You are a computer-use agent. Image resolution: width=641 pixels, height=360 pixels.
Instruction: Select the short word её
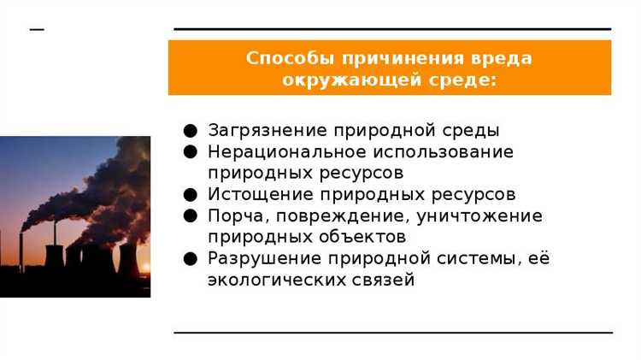(538, 258)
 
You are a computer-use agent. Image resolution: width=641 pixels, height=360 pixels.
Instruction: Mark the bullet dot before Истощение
(191, 195)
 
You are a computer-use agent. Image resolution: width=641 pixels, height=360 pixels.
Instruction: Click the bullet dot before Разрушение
(191, 258)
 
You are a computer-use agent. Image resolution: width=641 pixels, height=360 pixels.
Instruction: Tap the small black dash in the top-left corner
(36, 28)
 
